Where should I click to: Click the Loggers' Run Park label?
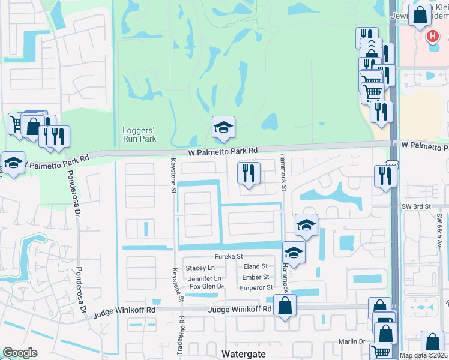tap(139, 133)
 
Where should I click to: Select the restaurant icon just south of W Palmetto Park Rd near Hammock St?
tap(249, 174)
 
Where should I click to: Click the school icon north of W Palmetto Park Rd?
tap(223, 128)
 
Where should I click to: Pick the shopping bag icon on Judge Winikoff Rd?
tap(285, 306)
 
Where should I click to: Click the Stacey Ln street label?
tap(200, 268)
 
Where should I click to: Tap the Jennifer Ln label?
tap(205, 278)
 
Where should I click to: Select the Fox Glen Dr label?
tap(206, 287)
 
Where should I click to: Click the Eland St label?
tap(255, 266)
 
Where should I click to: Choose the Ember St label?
tap(255, 277)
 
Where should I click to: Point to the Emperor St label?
tap(257, 287)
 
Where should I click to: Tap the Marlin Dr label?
tap(351, 341)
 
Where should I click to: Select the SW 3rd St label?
tap(417, 206)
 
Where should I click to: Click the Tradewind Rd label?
tap(188, 346)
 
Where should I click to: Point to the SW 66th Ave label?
tap(439, 228)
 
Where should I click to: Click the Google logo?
tap(20, 353)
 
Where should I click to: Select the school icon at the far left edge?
tap(12, 163)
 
